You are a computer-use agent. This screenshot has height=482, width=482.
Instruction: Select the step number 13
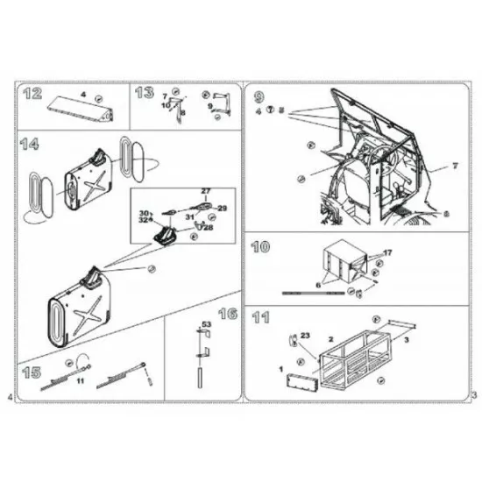145,92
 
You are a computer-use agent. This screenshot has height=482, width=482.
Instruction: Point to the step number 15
32,372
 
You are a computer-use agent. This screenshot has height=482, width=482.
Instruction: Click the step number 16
227,314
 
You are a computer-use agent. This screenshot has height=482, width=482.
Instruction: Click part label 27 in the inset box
206,190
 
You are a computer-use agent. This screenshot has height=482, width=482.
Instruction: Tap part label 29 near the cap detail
222,208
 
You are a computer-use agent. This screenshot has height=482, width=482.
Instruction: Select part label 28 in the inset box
208,227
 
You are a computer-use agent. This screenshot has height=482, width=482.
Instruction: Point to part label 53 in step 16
207,325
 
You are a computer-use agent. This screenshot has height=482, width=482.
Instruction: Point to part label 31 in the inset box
188,216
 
